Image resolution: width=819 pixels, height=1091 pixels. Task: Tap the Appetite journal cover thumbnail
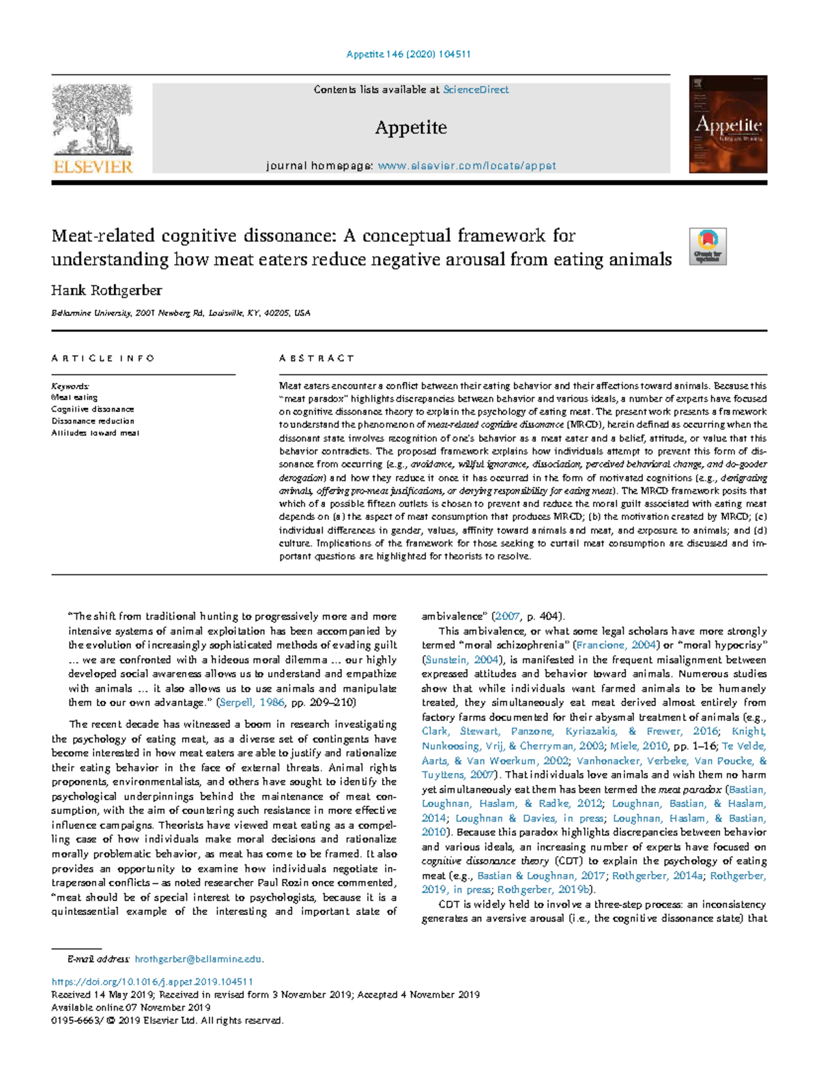728,124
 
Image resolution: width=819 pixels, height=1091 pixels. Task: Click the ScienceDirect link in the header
476,89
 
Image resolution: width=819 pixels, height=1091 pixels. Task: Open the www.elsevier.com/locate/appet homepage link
467,166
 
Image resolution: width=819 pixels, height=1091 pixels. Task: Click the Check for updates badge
708,246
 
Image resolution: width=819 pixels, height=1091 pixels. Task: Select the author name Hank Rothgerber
106,291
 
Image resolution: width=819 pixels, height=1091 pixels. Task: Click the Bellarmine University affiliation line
181,313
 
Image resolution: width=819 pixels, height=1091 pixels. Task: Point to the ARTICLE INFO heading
103,358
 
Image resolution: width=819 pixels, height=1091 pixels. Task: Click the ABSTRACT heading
317,358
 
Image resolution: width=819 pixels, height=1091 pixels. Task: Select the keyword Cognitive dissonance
92,409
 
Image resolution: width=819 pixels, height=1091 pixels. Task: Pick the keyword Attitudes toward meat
95,433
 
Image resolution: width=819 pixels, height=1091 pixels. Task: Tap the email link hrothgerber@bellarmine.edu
198,959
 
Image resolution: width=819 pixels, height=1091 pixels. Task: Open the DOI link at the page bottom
152,982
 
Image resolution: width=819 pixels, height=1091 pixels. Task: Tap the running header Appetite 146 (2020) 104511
409,54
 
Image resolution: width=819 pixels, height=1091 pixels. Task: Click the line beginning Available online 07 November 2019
131,1007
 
